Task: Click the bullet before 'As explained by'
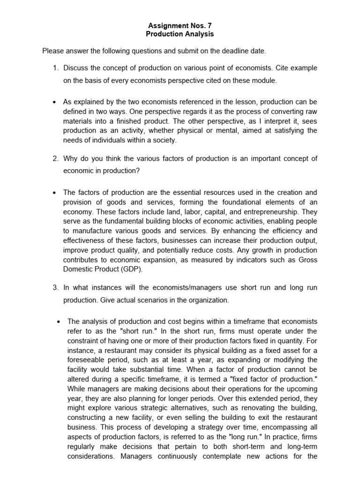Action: tap(55, 102)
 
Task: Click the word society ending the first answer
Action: tap(164, 140)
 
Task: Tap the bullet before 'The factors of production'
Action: tap(55, 193)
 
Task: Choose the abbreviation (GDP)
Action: tap(142, 270)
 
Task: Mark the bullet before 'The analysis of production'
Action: tap(59, 322)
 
